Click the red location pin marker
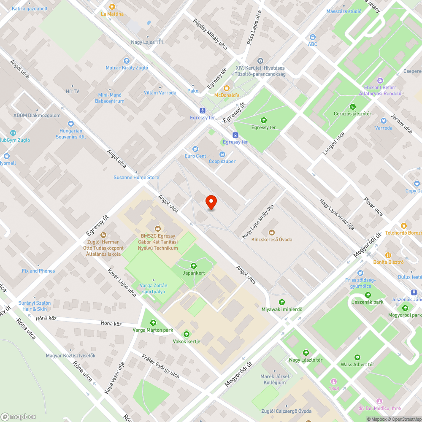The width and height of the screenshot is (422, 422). tap(211, 203)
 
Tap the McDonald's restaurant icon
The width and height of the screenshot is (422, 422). tap(227, 88)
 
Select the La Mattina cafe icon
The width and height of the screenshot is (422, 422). tap(112, 6)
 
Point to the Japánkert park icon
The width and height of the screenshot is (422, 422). tap(194, 266)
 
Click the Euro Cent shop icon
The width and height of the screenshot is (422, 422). tap(195, 149)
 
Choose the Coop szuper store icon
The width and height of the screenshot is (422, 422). tap(222, 154)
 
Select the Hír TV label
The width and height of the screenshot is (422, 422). tap(73, 91)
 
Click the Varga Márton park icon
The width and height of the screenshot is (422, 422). tap(153, 323)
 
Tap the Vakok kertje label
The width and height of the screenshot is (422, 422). tap(187, 341)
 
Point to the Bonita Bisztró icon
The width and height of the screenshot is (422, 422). tap(388, 255)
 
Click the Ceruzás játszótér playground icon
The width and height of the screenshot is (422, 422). tap(353, 107)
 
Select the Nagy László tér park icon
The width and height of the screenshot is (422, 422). tap(306, 352)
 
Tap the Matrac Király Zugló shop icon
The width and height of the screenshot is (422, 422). tap(127, 61)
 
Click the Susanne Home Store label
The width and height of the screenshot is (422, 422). tap(136, 178)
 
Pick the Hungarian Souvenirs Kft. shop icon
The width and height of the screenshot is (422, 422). tap(71, 124)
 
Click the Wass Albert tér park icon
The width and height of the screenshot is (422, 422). tap(357, 357)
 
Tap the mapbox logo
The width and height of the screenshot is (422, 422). tap(19, 417)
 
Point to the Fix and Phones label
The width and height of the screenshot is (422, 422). tap(38, 271)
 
